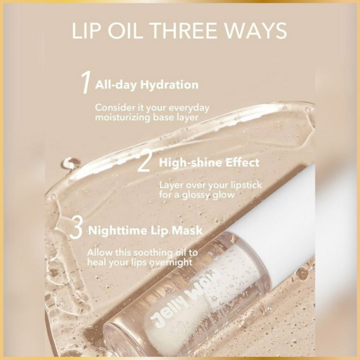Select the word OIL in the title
point(126,30)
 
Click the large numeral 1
point(85,83)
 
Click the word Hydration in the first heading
point(169,85)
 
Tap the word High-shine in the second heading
point(191,163)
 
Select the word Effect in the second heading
point(242,163)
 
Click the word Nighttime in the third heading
point(119,230)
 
